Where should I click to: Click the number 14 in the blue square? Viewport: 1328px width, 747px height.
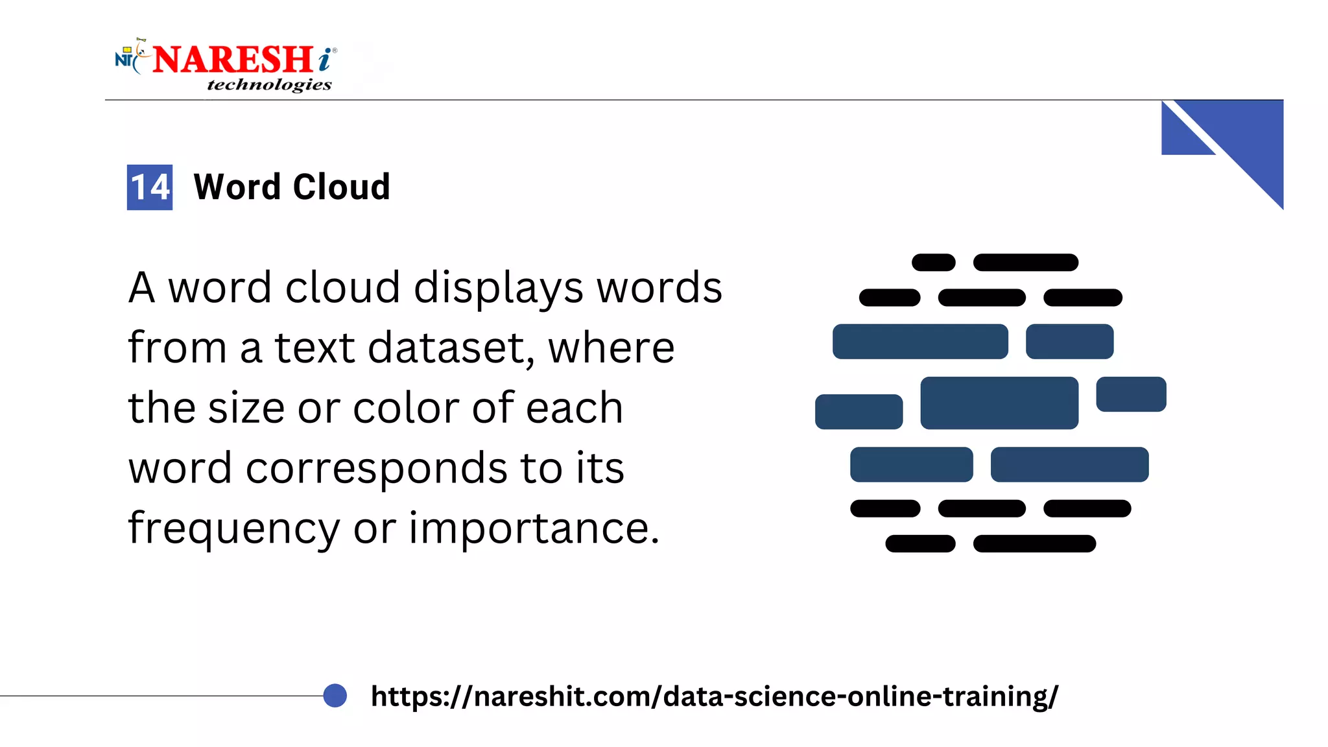coord(150,187)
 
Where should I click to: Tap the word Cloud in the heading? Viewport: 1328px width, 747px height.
coord(341,187)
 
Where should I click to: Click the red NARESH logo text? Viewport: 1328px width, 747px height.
coord(233,60)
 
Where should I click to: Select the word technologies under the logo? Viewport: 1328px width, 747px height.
coord(269,85)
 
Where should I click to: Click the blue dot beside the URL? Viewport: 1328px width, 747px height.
coord(335,696)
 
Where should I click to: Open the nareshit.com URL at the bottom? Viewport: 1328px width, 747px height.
coord(714,696)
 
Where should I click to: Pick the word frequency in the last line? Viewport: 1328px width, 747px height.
coord(233,528)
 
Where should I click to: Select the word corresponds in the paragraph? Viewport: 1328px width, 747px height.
coord(376,468)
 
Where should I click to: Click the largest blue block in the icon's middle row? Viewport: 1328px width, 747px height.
coord(999,403)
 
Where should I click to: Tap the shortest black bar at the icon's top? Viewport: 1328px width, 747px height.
coord(933,263)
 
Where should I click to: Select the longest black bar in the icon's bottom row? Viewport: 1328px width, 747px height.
coord(1034,543)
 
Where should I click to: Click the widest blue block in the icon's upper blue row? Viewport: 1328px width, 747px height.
coord(920,342)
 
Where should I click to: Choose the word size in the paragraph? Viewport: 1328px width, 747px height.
coord(246,408)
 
